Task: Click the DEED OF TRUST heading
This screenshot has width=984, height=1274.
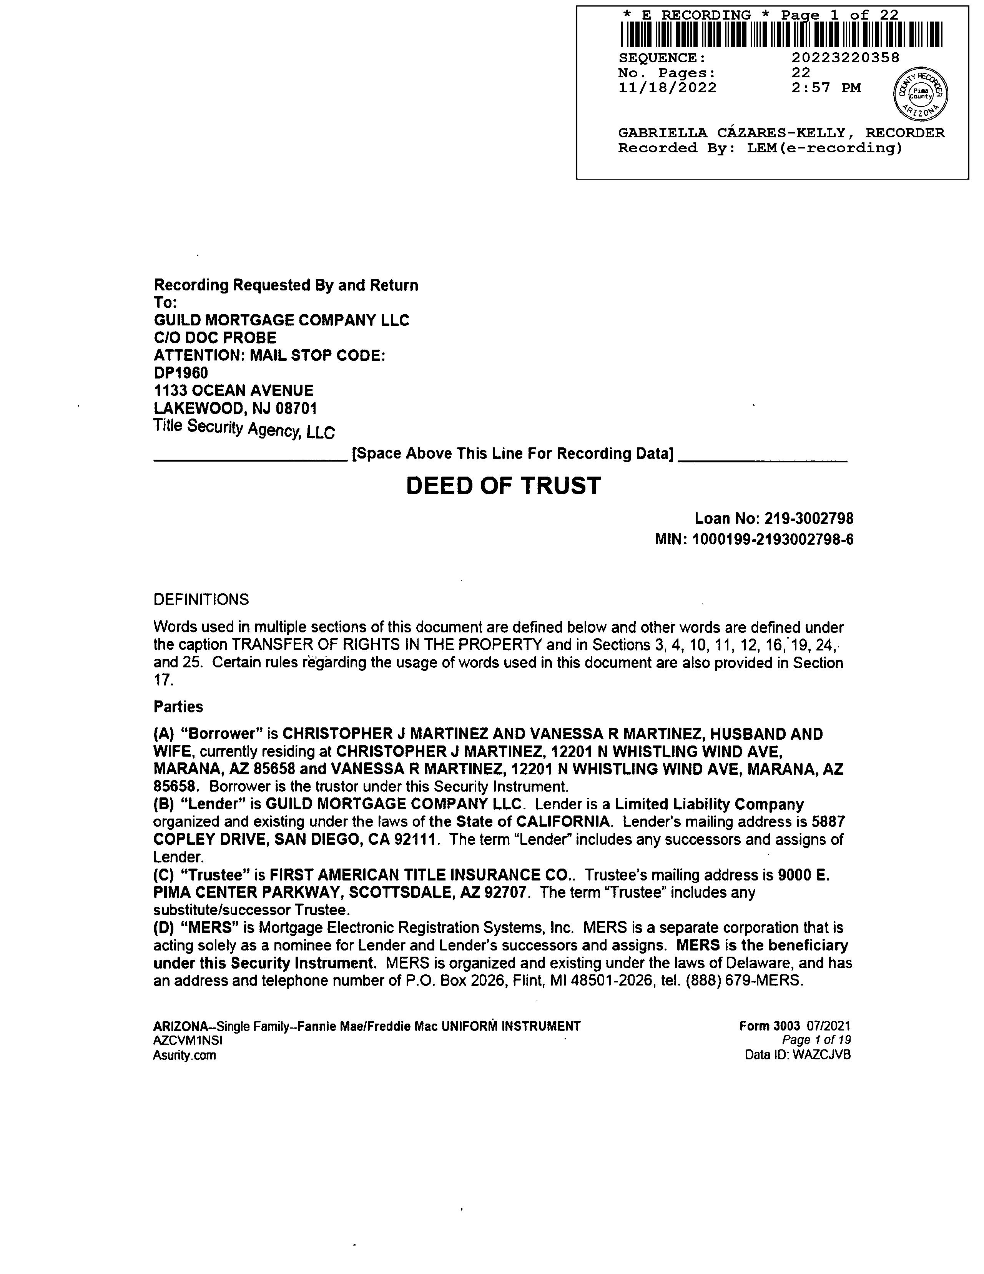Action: [503, 486]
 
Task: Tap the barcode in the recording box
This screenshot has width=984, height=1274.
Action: [781, 34]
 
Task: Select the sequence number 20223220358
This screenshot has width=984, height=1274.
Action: [845, 58]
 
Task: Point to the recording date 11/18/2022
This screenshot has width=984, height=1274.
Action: [667, 88]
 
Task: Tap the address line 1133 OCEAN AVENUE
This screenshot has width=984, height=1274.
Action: [233, 390]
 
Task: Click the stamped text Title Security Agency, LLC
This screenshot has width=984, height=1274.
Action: [244, 429]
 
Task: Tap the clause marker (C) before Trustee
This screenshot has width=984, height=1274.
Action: [163, 875]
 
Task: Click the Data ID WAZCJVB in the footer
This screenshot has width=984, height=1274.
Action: [821, 1055]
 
